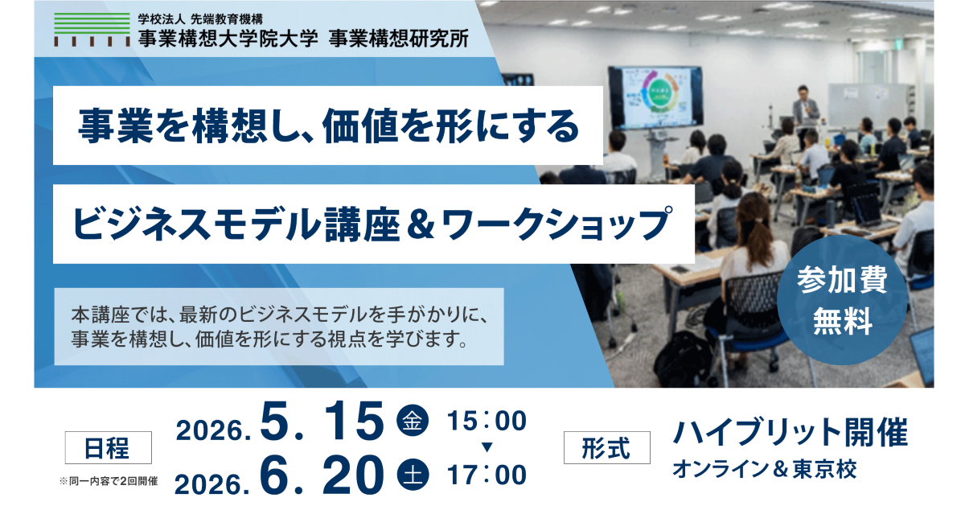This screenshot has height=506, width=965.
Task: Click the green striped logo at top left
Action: pyautogui.click(x=92, y=30)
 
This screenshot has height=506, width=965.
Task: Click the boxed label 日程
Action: pyautogui.click(x=108, y=448)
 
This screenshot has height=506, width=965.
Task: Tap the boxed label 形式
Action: pyautogui.click(x=606, y=448)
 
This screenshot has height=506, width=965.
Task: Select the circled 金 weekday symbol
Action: pyautogui.click(x=413, y=421)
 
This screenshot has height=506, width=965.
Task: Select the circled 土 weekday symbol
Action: pyautogui.click(x=413, y=475)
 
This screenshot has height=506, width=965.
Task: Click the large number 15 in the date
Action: pyautogui.click(x=354, y=421)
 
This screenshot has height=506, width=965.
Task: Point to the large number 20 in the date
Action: pyautogui.click(x=354, y=475)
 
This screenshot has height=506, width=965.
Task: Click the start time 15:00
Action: pyautogui.click(x=487, y=421)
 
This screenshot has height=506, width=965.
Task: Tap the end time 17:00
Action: pyautogui.click(x=487, y=475)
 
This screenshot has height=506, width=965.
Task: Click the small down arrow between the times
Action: pyautogui.click(x=487, y=447)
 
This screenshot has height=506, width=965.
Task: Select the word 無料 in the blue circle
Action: pyautogui.click(x=843, y=321)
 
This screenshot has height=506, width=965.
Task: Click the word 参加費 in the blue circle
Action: pyautogui.click(x=842, y=280)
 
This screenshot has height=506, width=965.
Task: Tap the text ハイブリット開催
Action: pyautogui.click(x=790, y=432)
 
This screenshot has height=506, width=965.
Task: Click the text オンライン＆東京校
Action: pyautogui.click(x=765, y=469)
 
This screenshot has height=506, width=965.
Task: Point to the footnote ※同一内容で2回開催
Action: pyautogui.click(x=109, y=481)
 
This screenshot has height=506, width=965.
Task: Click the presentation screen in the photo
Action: pyautogui.click(x=655, y=98)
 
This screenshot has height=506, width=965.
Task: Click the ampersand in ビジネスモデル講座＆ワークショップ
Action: pyautogui.click(x=421, y=224)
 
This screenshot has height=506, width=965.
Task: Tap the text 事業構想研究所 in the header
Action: pyautogui.click(x=399, y=39)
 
